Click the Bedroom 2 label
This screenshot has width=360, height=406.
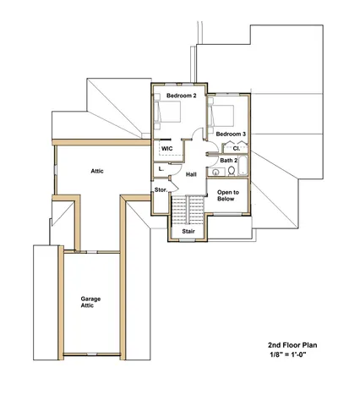coord(181,96)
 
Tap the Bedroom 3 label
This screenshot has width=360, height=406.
coord(230,134)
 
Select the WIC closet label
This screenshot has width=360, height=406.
coord(167,148)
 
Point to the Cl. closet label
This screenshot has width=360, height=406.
coord(237,148)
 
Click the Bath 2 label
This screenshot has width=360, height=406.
coord(229,160)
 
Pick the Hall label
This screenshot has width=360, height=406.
coord(191,174)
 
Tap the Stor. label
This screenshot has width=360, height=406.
coord(161,190)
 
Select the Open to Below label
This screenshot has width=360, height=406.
coord(228,196)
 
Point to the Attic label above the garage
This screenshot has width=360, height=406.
coord(97,171)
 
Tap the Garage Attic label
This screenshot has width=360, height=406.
coord(92,302)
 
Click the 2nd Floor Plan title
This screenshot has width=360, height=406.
coord(293,345)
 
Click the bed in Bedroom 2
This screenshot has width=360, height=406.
coord(168,115)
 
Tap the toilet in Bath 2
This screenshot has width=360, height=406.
coord(231,172)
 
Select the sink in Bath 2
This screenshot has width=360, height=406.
coord(216,172)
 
